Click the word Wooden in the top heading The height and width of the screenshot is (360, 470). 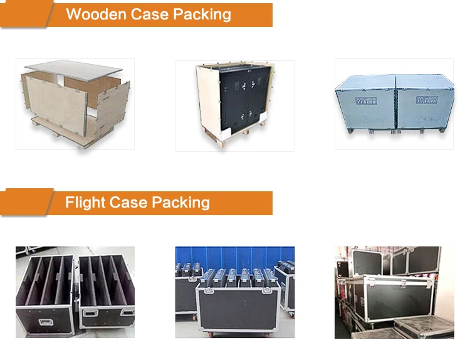pos(95,14)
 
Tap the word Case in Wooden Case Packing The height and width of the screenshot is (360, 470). pos(146,14)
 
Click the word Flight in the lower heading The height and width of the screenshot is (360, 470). pos(85,203)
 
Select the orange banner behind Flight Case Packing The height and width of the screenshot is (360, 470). pos(244,203)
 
